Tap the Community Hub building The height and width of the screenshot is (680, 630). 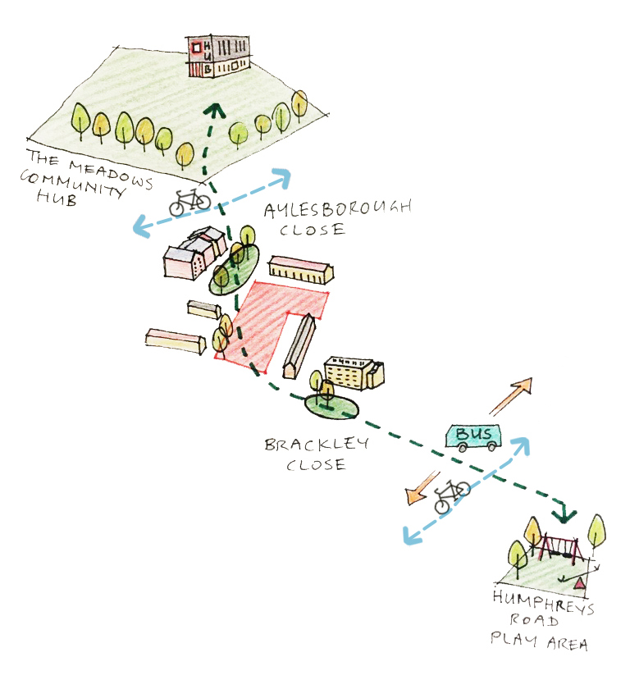tap(217, 57)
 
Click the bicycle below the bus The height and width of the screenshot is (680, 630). tap(451, 495)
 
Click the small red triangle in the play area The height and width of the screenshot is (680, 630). tap(581, 582)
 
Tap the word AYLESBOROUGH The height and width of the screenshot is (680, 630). tap(338, 210)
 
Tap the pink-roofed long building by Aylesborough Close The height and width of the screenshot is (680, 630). tap(300, 268)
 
